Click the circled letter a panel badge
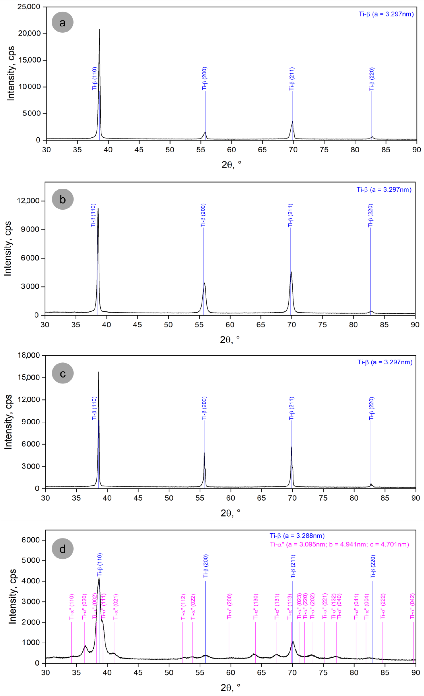coord(62,22)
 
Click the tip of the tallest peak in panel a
coord(99,29)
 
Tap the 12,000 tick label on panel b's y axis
coord(28,201)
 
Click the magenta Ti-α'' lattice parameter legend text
coord(339,544)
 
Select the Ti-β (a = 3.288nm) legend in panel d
coord(297,536)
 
